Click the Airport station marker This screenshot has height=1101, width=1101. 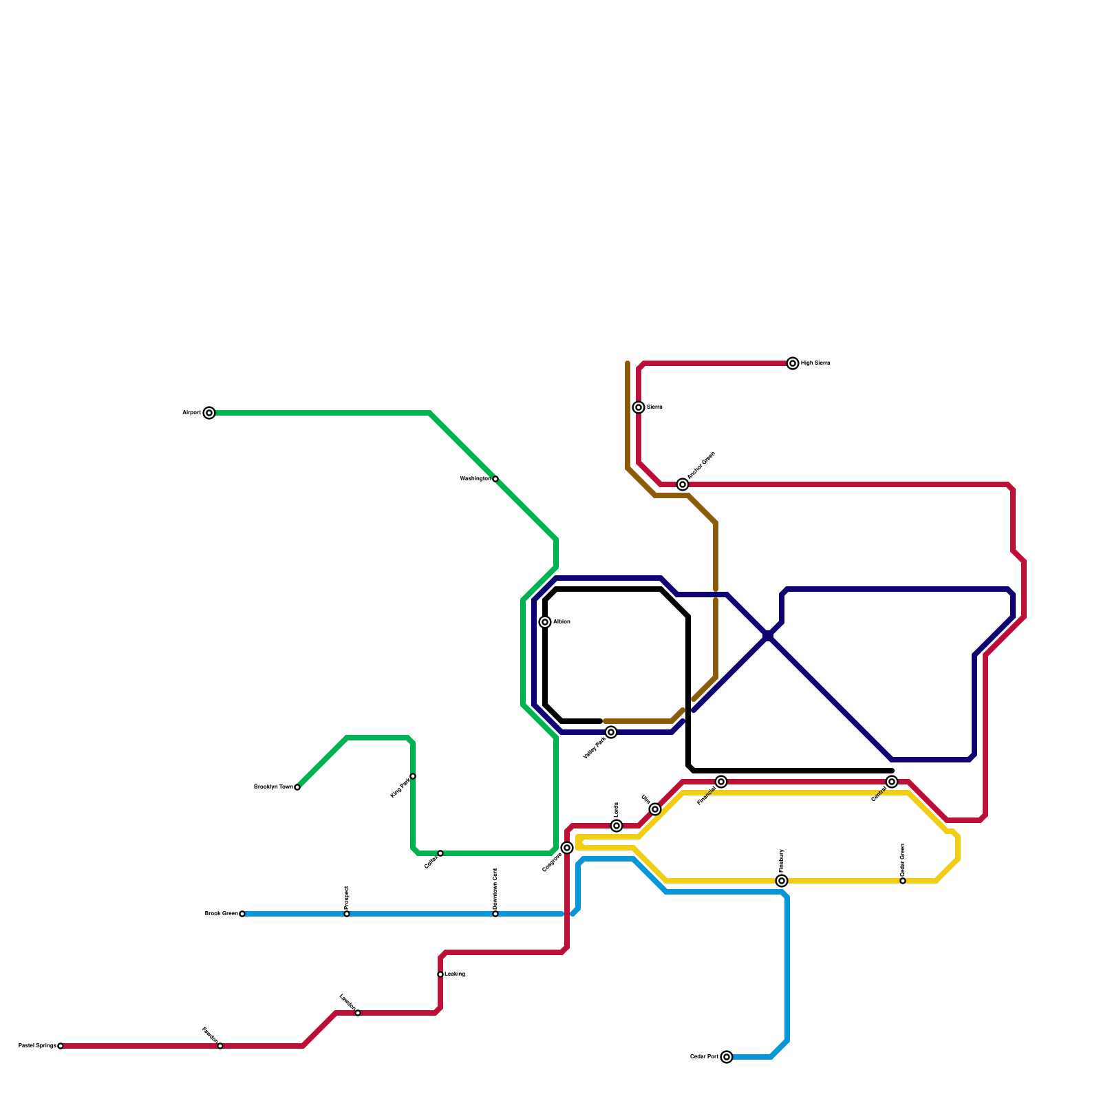[x=209, y=413]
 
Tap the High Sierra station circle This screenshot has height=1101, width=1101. [x=793, y=363]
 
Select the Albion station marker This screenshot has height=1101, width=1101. [x=545, y=622]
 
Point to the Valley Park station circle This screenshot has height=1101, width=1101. [x=611, y=732]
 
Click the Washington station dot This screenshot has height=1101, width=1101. [x=495, y=479]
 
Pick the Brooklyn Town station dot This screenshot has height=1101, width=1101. [x=297, y=787]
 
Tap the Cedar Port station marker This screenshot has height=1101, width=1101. [x=727, y=1057]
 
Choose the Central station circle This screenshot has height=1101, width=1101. [x=892, y=782]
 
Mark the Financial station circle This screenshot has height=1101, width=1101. [x=721, y=782]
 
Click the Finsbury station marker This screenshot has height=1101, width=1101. [x=782, y=881]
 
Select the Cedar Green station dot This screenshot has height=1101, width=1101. [x=903, y=881]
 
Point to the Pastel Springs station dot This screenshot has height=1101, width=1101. [x=61, y=1046]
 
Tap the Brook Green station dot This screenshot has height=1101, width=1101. [x=242, y=914]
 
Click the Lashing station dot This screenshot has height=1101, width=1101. [x=440, y=974]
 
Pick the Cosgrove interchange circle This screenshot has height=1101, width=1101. [x=567, y=848]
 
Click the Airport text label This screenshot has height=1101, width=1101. [x=191, y=413]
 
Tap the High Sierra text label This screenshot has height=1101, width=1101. [x=815, y=363]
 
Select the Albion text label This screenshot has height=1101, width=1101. [x=562, y=622]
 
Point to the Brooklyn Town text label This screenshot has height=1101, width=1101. [x=273, y=787]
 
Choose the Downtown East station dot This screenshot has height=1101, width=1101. [x=495, y=914]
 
